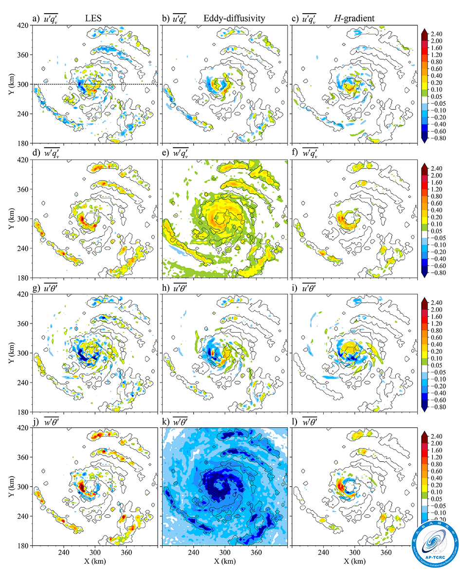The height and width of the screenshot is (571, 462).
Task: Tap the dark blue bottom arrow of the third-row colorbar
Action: pyautogui.click(x=424, y=410)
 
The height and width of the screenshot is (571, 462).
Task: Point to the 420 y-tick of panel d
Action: pyautogui.click(x=23, y=160)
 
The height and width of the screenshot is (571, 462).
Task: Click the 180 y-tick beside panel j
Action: pyautogui.click(x=23, y=546)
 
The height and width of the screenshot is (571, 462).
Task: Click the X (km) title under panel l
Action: pyautogui.click(x=354, y=561)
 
